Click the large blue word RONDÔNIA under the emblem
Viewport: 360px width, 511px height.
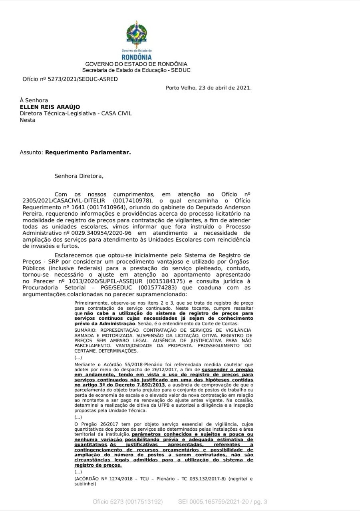tap(137, 57)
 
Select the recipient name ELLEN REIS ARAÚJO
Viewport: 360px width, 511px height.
tap(50, 107)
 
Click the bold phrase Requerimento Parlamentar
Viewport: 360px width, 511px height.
tap(88, 152)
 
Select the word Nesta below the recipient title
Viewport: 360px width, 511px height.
tap(28, 120)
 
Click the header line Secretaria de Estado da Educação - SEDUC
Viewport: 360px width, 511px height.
tap(136, 70)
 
